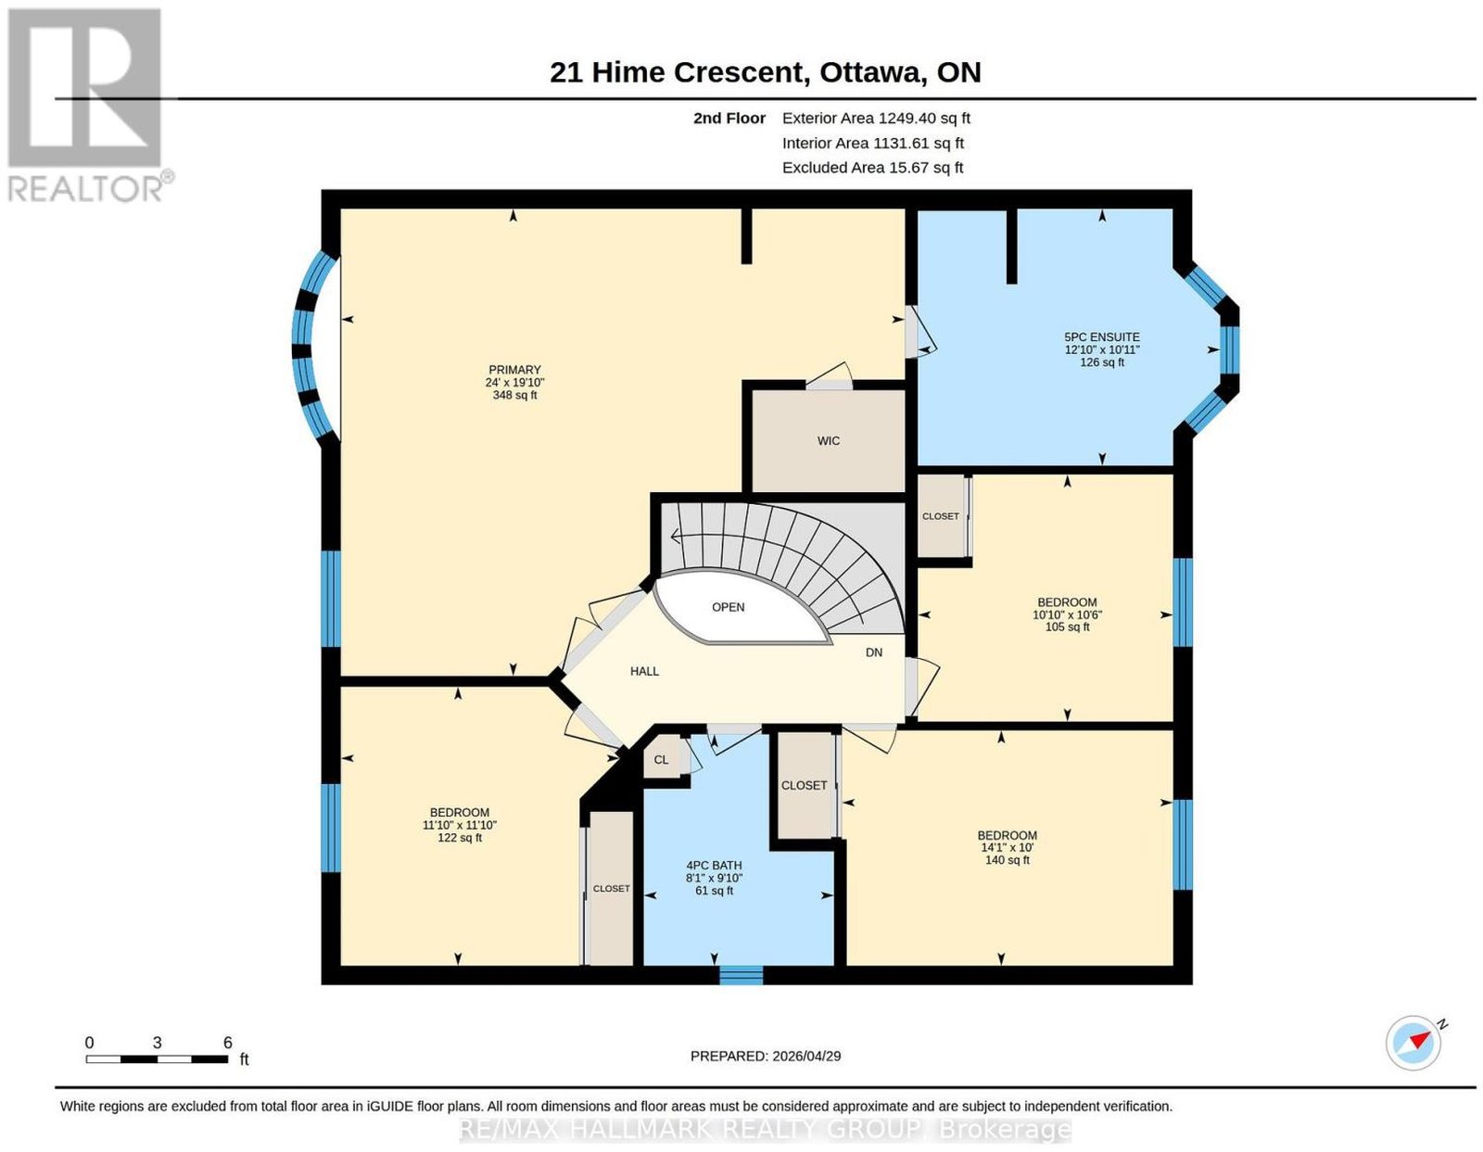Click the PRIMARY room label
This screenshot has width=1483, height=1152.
pos(513,370)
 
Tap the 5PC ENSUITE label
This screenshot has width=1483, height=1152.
pos(1101,337)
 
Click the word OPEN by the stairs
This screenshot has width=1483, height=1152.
pos(728,607)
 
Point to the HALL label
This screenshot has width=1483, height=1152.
pos(644,671)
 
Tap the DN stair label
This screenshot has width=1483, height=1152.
pos(873,652)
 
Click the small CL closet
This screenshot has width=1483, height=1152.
pos(661,759)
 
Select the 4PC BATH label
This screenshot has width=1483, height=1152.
pos(714,865)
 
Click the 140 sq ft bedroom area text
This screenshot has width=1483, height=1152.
pos(1007,860)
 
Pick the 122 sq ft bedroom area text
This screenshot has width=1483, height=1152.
pos(460,838)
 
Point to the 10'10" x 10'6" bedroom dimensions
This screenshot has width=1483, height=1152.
pos(1067,614)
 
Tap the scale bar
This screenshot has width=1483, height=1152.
pos(157,1059)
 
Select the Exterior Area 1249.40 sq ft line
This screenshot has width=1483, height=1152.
pos(876,118)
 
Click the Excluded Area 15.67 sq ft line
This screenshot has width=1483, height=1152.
pos(872,167)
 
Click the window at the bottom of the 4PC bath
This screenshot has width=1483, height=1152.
pos(741,975)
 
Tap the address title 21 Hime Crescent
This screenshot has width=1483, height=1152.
pos(680,72)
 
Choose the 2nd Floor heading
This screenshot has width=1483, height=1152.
pos(729,118)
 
